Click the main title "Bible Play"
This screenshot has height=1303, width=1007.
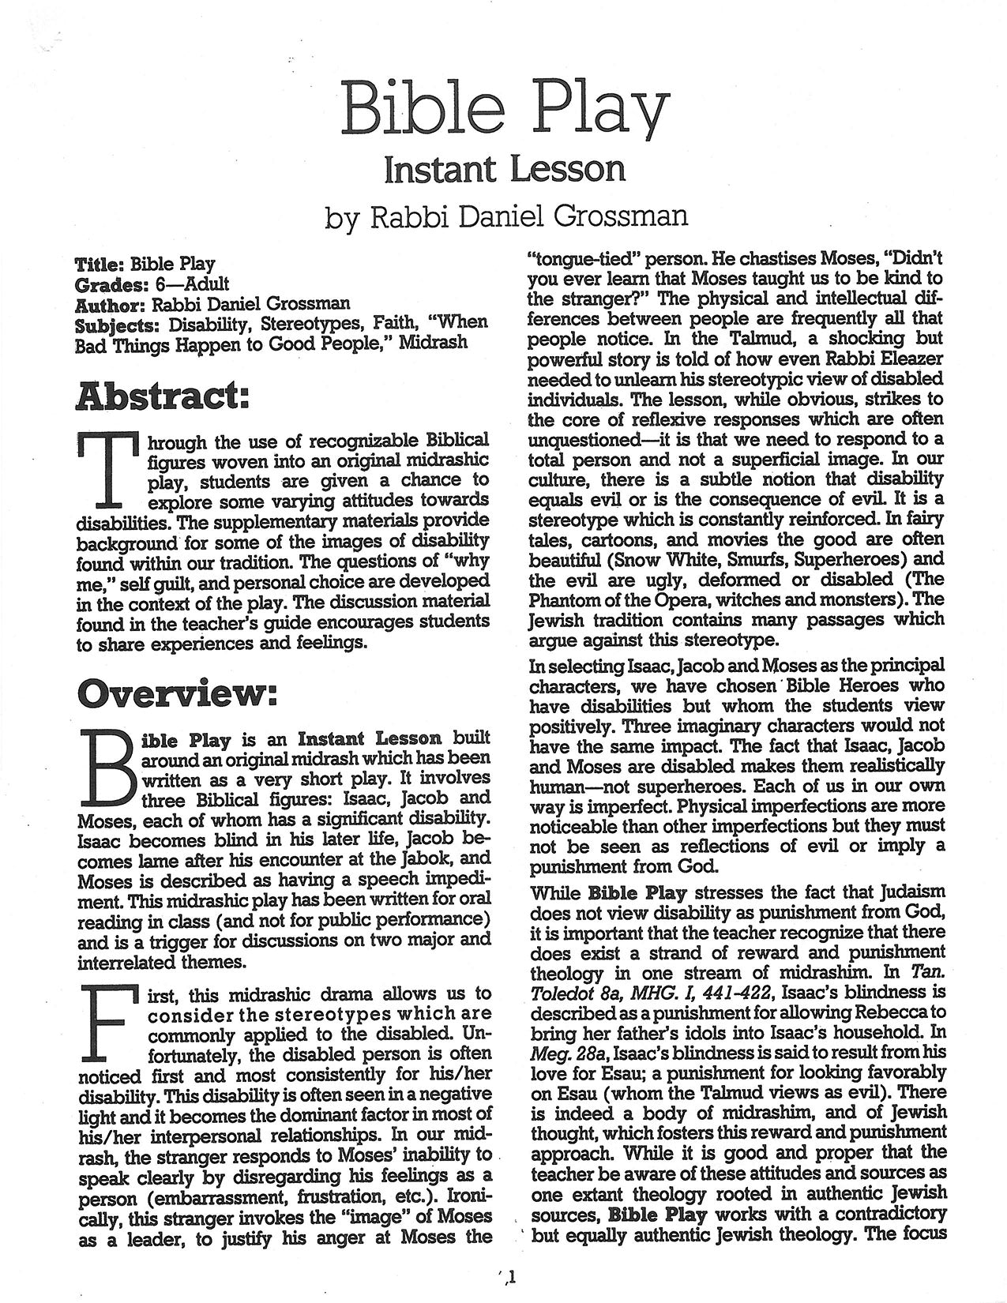click(x=502, y=111)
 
